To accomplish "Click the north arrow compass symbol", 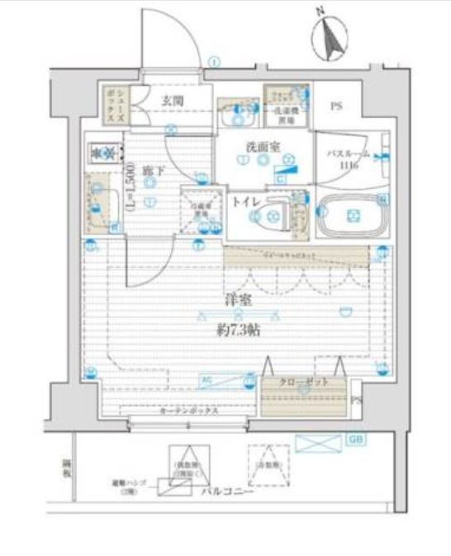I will pos(330,38).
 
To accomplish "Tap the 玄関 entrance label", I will pos(173,101).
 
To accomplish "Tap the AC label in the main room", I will pos(207,379).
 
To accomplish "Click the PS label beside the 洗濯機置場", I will pos(337,106).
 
